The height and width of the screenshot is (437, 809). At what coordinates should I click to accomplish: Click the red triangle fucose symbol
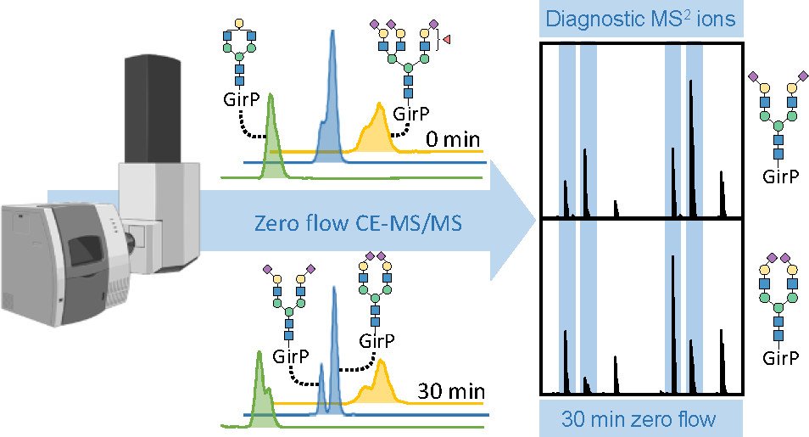pyautogui.click(x=447, y=39)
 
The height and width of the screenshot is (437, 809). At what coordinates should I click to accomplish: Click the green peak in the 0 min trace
pyautogui.click(x=272, y=136)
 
